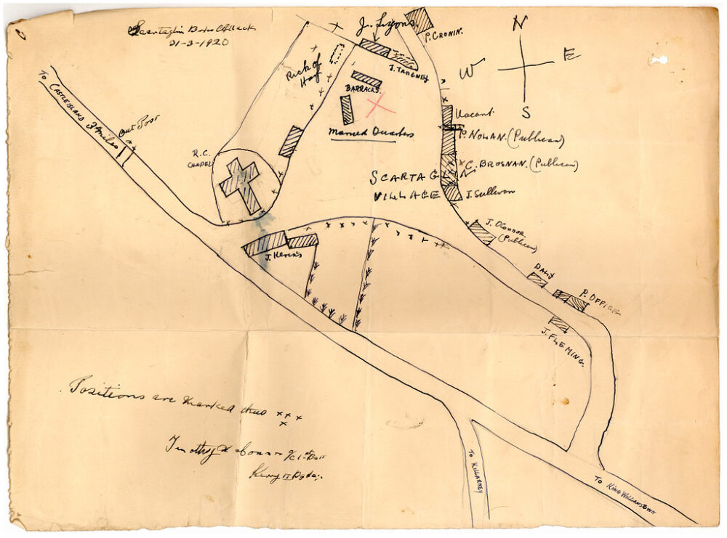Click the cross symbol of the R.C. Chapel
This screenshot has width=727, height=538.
pos(241,184)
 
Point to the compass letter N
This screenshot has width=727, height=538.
pos(519,24)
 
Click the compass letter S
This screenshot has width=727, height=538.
pos(525,112)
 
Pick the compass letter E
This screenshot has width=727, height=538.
pos(571,55)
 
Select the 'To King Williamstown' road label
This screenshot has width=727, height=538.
pos(624,494)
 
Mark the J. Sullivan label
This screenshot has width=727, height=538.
pos(490,193)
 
